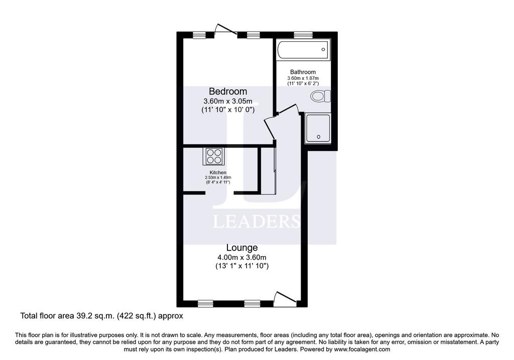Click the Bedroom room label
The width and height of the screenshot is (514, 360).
tap(228, 91)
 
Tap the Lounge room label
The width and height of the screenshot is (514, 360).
tap(242, 248)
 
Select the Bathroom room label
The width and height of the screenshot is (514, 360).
tap(303, 72)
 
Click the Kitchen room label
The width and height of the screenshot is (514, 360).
tap(218, 173)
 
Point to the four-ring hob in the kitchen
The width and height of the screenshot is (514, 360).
tap(214, 156)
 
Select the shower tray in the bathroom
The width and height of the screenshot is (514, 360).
tap(318, 129)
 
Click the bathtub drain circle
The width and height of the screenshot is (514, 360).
tap(323, 50)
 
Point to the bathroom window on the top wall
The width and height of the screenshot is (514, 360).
tap(303, 35)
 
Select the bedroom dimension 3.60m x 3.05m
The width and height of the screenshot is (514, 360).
tap(228, 101)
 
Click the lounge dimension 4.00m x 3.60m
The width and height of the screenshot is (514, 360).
tap(242, 258)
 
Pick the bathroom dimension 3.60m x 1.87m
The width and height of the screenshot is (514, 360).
tap(303, 78)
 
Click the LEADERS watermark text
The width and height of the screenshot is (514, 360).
tap(256, 221)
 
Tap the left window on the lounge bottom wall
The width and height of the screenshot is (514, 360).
tap(206, 304)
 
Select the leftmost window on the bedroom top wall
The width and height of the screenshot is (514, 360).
tap(199, 35)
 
